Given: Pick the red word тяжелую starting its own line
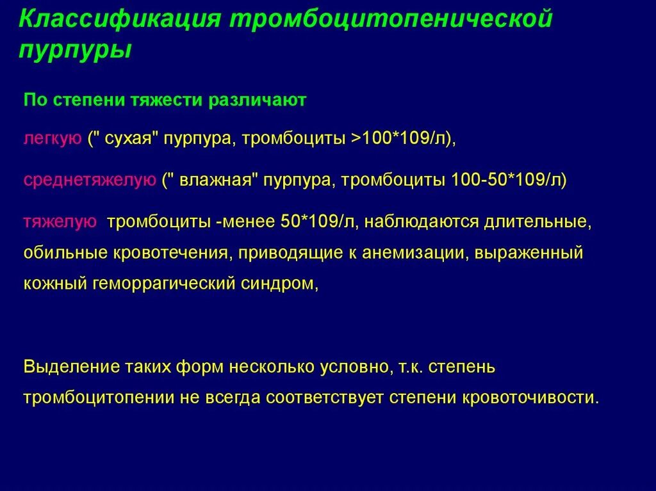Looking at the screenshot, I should coord(60,221).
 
